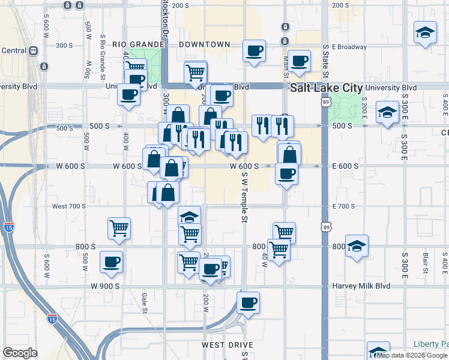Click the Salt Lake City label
[x=326, y=88]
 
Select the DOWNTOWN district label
[x=206, y=44]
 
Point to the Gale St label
[x=144, y=298]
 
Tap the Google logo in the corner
[x=20, y=353]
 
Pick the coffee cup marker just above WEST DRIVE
[x=248, y=302]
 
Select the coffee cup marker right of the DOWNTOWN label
[x=254, y=50]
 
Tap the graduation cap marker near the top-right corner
[x=425, y=32]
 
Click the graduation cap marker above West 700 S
[x=189, y=217]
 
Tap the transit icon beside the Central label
[x=44, y=66]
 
